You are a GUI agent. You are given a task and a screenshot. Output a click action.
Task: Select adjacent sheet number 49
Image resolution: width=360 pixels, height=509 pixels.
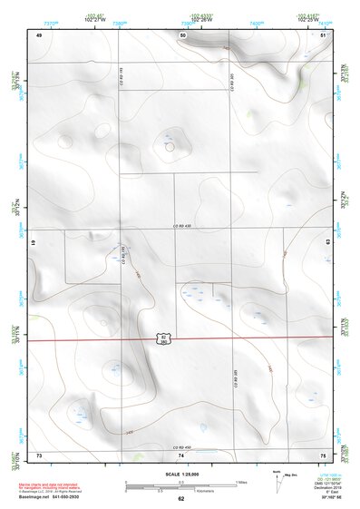pyautogui.click(x=39, y=34)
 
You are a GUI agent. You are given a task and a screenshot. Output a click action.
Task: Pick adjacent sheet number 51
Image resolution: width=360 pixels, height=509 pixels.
pyautogui.click(x=324, y=34)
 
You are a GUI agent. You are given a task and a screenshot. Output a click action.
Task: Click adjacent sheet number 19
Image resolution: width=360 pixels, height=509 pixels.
pyautogui.click(x=33, y=244)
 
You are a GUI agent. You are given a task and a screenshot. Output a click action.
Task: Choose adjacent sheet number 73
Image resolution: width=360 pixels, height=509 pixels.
pyautogui.click(x=39, y=453)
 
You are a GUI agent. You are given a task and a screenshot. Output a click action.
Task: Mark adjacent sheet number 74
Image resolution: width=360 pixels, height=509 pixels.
pyautogui.click(x=181, y=453)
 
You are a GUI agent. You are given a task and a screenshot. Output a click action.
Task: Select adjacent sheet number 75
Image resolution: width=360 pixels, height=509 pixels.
pyautogui.click(x=323, y=453)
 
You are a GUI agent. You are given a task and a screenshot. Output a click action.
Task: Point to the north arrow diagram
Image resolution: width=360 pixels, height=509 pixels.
pyautogui.click(x=275, y=478)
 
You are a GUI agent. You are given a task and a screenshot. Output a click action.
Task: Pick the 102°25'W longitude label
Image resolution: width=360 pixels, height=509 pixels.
pyautogui.click(x=312, y=18)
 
